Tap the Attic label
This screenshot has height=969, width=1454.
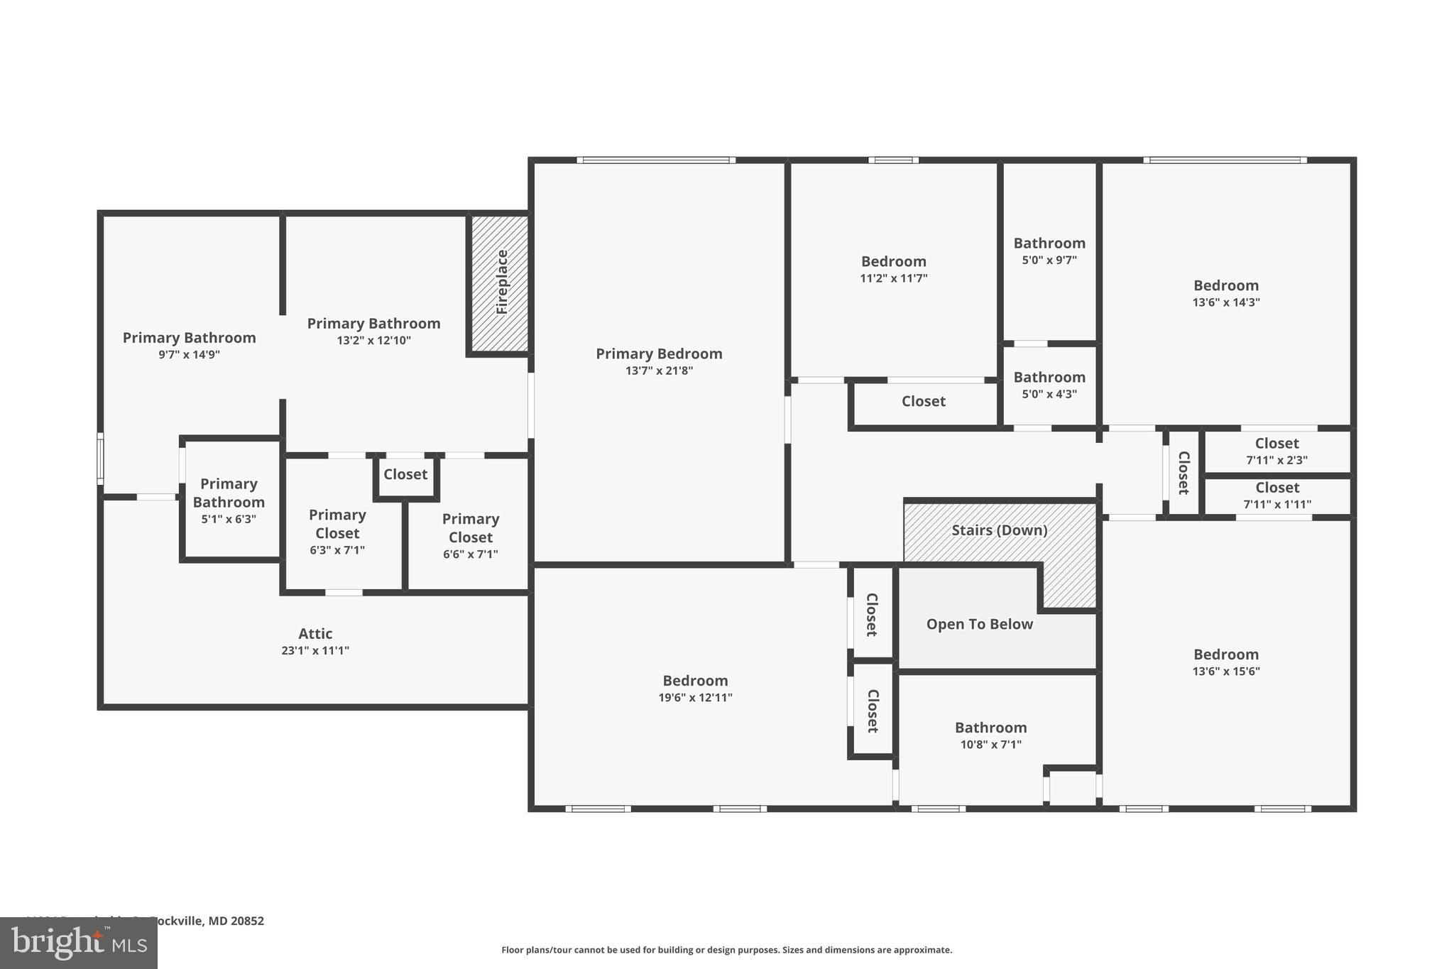tap(315, 633)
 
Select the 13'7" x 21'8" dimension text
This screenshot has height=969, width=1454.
tap(658, 371)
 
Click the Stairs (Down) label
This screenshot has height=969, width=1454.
tap(999, 530)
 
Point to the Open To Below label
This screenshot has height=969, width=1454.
tap(979, 624)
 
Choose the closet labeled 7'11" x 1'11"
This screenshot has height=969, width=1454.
tap(1277, 496)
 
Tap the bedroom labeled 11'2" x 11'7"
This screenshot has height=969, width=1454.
tap(893, 270)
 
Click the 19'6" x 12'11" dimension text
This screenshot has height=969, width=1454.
tap(695, 698)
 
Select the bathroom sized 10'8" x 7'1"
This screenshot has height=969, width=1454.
tap(990, 735)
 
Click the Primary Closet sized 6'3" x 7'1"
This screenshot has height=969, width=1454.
tap(337, 532)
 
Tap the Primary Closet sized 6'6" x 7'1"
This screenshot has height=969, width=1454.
tap(470, 536)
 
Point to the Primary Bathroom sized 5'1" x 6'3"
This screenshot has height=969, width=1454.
tap(228, 500)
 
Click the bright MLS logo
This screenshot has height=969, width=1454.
tap(78, 943)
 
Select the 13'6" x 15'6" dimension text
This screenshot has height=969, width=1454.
tap(1225, 672)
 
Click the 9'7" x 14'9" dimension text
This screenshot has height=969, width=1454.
tap(189, 354)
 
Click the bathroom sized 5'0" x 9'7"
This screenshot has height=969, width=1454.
tap(1049, 251)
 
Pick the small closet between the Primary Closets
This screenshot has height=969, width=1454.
tap(405, 474)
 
